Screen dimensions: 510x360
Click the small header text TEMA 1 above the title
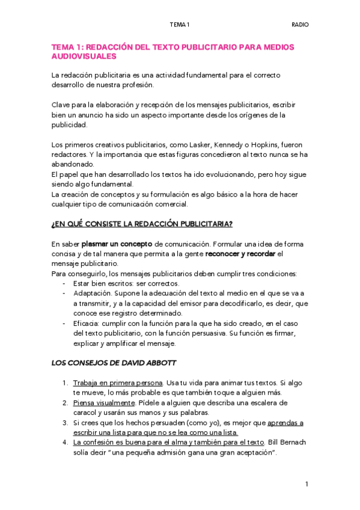click(x=179, y=25)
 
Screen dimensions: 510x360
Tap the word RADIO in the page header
click(x=300, y=25)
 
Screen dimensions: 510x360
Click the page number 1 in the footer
click(x=307, y=484)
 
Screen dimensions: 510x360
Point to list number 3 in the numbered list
click(x=65, y=422)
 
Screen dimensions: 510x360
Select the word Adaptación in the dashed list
click(x=91, y=293)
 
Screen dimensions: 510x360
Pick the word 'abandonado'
click(x=73, y=164)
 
